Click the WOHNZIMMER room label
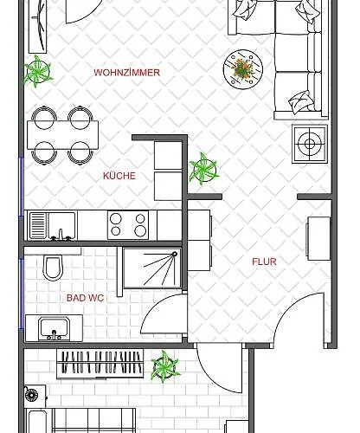pyautogui.click(x=126, y=73)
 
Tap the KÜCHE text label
pyautogui.click(x=119, y=176)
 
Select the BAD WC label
pyautogui.click(x=85, y=298)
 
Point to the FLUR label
pyautogui.click(x=265, y=261)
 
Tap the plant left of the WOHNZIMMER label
pyautogui.click(x=38, y=71)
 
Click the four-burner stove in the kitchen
pyautogui.click(x=128, y=225)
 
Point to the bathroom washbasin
pyautogui.click(x=54, y=329)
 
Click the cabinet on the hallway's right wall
pyautogui.click(x=318, y=238)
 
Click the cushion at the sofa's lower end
pyautogui.click(x=300, y=100)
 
